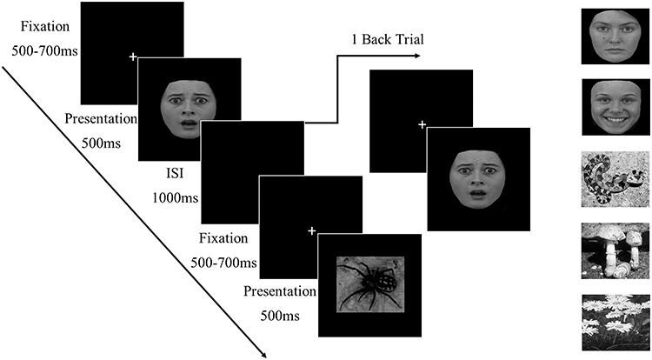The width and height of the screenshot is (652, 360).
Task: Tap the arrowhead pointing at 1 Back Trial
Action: coord(417,57)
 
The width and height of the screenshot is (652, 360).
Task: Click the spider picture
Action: coord(369,283)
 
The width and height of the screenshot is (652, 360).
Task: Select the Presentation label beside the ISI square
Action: coord(103,118)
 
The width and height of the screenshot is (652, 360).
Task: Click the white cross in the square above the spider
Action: coord(312,230)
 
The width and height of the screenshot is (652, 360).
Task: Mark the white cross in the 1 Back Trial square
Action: coord(421,125)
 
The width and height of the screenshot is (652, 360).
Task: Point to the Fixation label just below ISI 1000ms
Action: coord(224,237)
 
